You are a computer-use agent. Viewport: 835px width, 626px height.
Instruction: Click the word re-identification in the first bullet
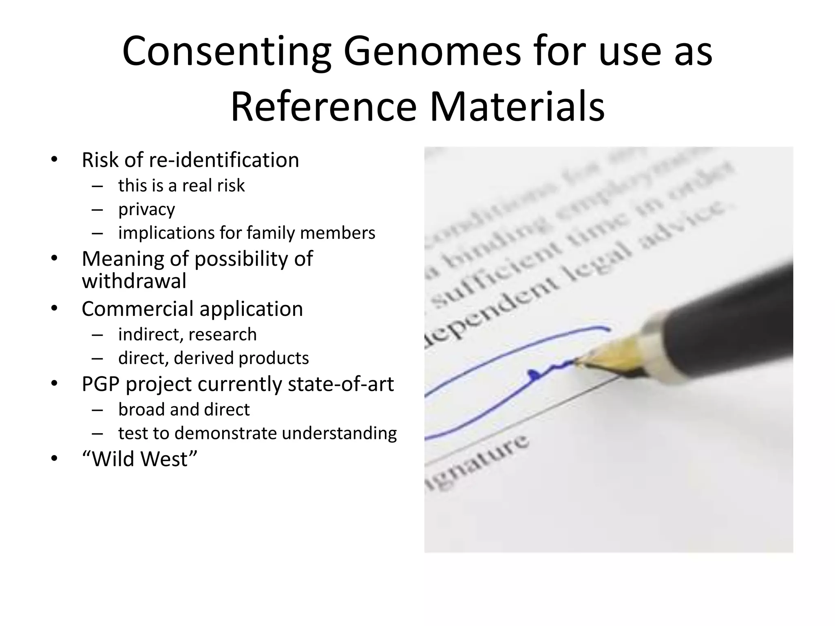pyautogui.click(x=224, y=160)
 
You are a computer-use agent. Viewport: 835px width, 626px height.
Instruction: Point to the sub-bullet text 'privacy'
pyautogui.click(x=147, y=209)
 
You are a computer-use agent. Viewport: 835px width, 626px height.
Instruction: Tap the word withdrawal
pyautogui.click(x=134, y=281)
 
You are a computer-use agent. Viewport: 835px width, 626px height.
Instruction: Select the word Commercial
pyautogui.click(x=137, y=309)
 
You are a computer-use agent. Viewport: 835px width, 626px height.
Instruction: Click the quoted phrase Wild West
pyautogui.click(x=140, y=459)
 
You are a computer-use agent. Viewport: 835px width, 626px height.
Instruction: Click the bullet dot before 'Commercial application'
pyautogui.click(x=55, y=309)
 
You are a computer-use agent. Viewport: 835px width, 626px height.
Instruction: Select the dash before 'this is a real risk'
pyautogui.click(x=97, y=186)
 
